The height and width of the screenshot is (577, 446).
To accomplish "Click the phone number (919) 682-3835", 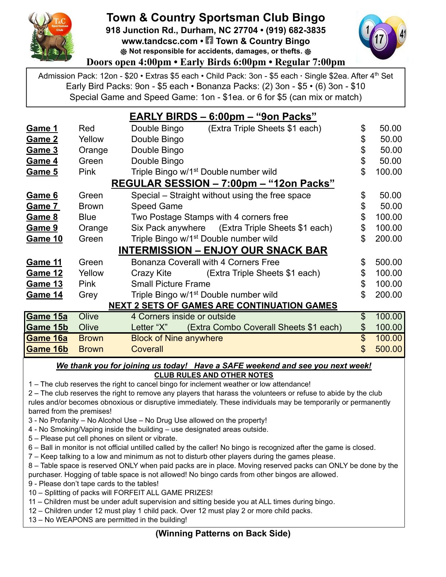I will tap(296, 30).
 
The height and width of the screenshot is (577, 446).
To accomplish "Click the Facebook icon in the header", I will tap(209, 40).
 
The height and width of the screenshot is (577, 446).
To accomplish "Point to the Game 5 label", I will tap(42, 172).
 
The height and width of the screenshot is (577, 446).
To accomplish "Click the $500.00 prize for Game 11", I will tap(388, 262).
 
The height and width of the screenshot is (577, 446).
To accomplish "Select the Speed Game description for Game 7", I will tap(157, 206).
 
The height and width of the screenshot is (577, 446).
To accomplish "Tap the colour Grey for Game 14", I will tap(88, 295).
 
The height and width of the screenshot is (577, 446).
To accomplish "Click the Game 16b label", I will tap(47, 349).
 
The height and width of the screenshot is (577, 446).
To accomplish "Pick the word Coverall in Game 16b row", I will tap(147, 349).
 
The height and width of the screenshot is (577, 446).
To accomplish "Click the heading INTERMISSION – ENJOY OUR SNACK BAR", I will tap(223, 251).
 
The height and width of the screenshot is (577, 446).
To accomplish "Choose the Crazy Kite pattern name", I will tap(151, 273).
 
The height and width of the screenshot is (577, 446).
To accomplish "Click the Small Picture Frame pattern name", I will tap(171, 284).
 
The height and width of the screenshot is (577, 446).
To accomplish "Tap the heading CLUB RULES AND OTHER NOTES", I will tap(214, 375).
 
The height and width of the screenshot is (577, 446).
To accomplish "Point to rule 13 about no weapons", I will tap(107, 520).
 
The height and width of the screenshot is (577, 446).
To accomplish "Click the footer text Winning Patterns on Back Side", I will tap(223, 534).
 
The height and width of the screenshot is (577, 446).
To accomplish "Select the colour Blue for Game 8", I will tap(87, 217).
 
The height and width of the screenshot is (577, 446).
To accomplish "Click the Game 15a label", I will tap(47, 317).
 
